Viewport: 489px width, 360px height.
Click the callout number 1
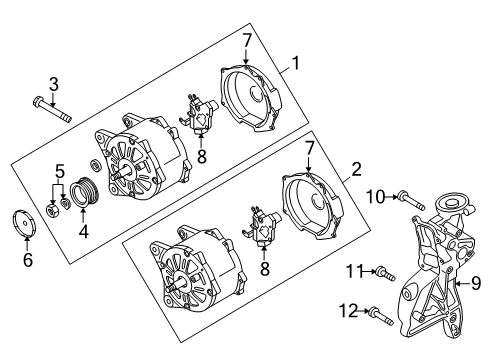[296, 63]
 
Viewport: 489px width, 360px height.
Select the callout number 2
[356, 169]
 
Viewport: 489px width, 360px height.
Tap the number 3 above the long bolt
[54, 84]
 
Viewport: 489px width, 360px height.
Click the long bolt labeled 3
[52, 109]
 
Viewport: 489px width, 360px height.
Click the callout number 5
[59, 172]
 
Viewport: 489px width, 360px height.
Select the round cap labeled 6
[25, 223]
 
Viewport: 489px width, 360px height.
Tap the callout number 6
[28, 259]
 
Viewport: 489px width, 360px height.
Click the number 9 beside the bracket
[476, 283]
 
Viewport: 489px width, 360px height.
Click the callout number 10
[376, 197]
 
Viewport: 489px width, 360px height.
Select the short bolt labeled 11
[385, 274]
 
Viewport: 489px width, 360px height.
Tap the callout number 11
[354, 271]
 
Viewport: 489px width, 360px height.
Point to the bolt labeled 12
[381, 316]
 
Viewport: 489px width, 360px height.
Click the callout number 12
[348, 311]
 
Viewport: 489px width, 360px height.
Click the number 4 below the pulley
[83, 231]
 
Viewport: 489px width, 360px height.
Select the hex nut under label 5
[53, 210]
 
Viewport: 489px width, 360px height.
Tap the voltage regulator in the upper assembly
[199, 113]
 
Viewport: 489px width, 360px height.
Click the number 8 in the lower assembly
[265, 269]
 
